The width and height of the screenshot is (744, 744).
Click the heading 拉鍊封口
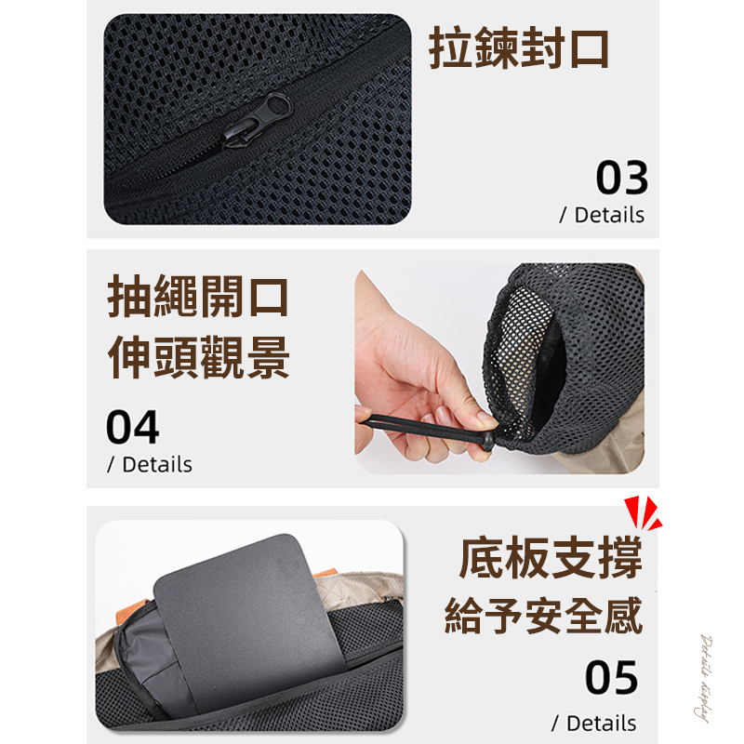click(x=519, y=48)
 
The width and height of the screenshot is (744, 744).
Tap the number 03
click(x=621, y=178)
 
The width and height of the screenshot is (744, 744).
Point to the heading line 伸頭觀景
click(x=198, y=358)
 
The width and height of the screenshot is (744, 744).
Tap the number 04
click(x=132, y=428)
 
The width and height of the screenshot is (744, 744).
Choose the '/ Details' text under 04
click(x=150, y=464)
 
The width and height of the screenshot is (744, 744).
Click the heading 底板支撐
click(x=551, y=561)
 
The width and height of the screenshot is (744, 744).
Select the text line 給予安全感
click(x=544, y=617)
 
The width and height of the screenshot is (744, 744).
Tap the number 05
click(x=611, y=678)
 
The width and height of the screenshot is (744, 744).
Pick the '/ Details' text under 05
click(x=594, y=723)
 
